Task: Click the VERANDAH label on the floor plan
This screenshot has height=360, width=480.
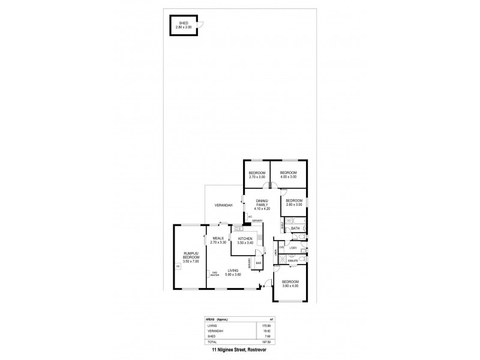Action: [x=223, y=206]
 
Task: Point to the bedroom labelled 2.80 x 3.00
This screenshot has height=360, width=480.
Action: [x=293, y=202]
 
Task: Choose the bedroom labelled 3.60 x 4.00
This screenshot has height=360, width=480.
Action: [x=290, y=284]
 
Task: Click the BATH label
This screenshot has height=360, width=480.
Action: [x=295, y=229]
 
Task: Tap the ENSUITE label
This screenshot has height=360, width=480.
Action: [x=293, y=261]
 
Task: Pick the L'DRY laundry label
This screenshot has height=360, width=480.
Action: [x=293, y=248]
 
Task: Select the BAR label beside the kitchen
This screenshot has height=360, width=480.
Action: [x=259, y=263]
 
